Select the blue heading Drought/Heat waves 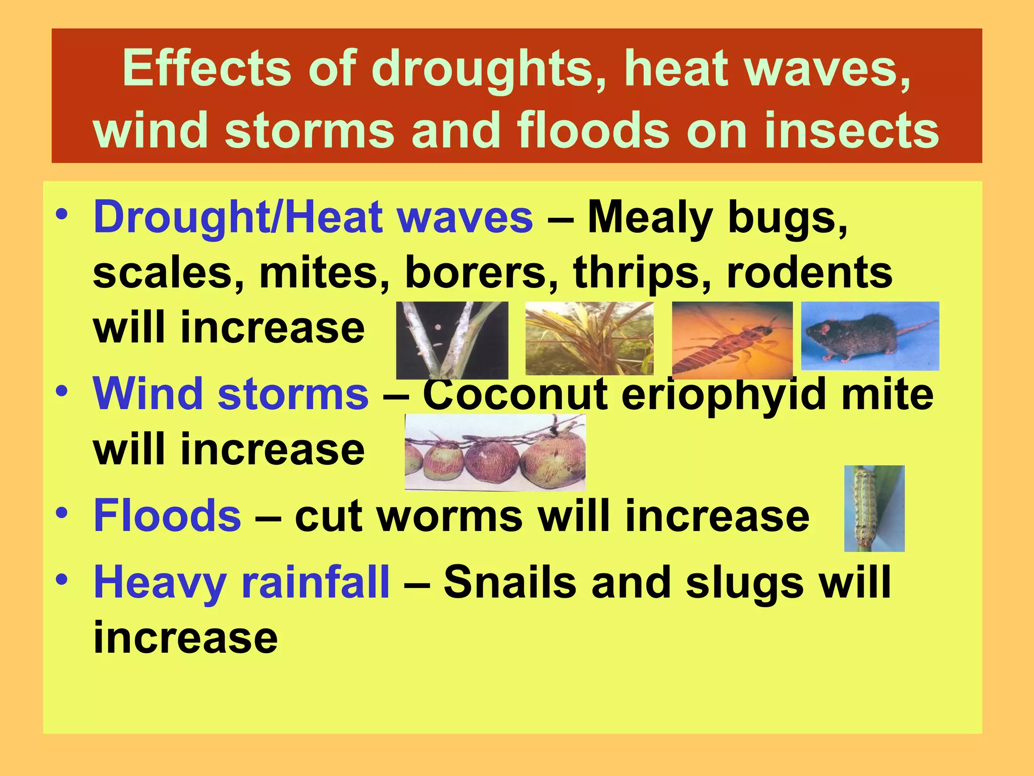point(313,218)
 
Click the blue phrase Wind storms point(231,394)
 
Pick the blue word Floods point(168,516)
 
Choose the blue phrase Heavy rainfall point(242,582)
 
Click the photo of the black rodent point(870,336)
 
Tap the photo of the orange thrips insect point(732,339)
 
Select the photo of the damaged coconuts point(495,452)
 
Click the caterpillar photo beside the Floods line point(874,508)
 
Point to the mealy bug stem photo point(452,340)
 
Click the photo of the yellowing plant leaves point(589,338)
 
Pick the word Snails point(510,582)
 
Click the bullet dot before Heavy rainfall point(62,579)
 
